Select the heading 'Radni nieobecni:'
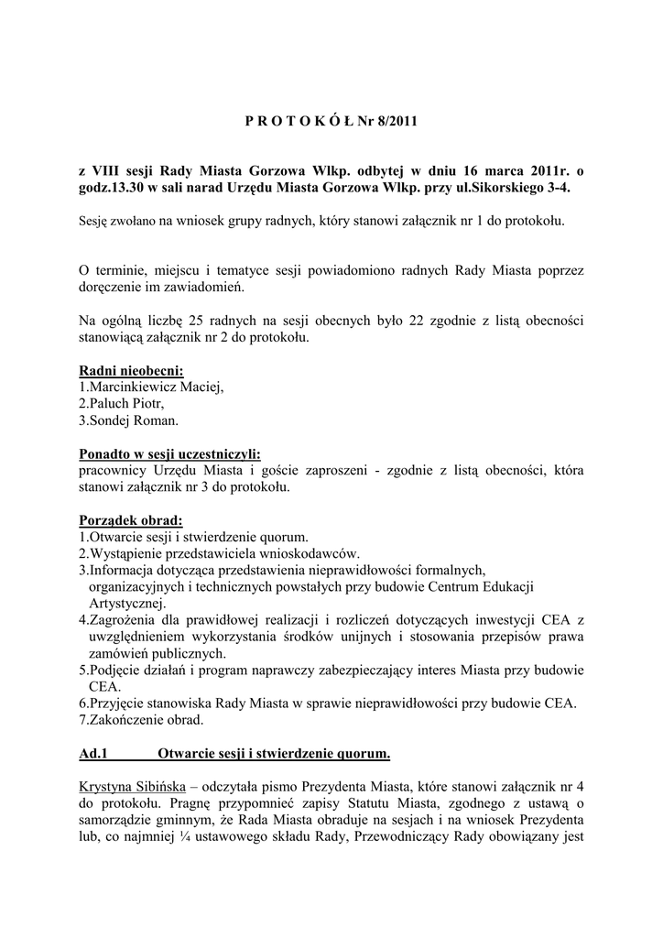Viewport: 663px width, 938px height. (x=131, y=371)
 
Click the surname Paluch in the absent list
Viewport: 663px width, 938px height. (x=107, y=404)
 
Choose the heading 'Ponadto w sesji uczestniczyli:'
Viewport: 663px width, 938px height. (x=169, y=453)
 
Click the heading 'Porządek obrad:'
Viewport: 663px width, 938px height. (x=131, y=519)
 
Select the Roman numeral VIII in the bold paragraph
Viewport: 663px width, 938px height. (x=109, y=170)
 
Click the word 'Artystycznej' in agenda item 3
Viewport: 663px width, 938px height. (x=126, y=604)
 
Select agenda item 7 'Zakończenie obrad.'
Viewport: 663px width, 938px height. (x=142, y=720)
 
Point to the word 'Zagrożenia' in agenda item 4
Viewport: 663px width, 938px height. (x=124, y=621)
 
